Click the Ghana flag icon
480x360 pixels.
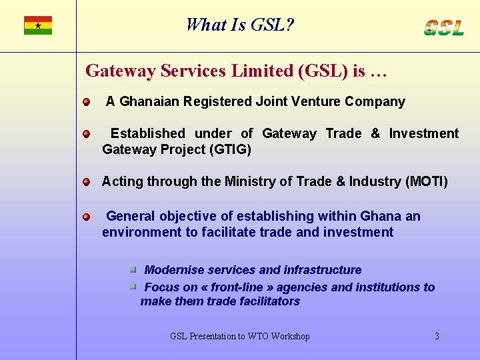[x=38, y=25]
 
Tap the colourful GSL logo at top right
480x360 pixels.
[x=444, y=27]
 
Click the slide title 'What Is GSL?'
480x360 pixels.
[x=240, y=25]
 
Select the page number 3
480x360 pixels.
[x=437, y=337]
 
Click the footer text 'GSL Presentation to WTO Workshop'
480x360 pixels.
[x=240, y=337]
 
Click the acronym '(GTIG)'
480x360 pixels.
[x=230, y=150]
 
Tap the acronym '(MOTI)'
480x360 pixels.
[x=427, y=182]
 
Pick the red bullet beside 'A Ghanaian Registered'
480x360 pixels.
[x=87, y=102]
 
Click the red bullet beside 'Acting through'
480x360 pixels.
[x=87, y=182]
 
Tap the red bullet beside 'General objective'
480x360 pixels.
[x=87, y=217]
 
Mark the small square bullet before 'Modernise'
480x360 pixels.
[x=133, y=270]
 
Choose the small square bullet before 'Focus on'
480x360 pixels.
[x=133, y=287]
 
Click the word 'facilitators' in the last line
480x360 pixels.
[x=267, y=301]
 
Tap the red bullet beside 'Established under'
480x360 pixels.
[x=87, y=134]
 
